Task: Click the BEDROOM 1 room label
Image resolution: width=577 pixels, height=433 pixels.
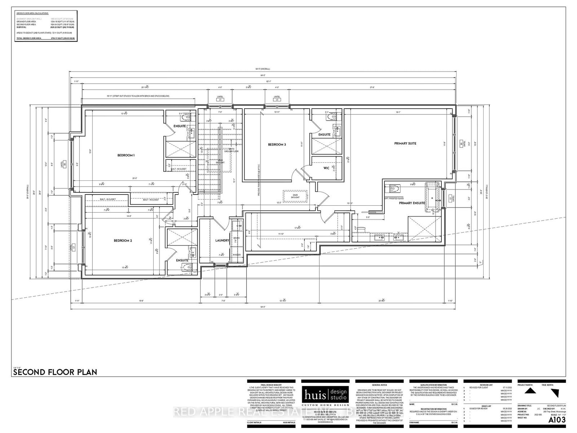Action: pos(126,156)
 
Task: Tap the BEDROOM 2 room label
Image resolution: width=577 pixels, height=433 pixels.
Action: pos(123,241)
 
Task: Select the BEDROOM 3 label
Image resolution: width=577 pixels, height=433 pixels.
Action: pos(277,145)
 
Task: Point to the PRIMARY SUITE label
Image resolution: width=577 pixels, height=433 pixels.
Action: pos(405,144)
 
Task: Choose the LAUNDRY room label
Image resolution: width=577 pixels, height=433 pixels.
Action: pos(222,240)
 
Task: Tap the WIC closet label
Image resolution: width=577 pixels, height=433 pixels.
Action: pos(326,168)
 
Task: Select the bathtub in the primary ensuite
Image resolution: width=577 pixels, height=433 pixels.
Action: pos(432,197)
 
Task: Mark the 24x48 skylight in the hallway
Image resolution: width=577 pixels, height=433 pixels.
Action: pos(295,197)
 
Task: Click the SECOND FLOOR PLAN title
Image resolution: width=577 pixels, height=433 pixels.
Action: pos(55,372)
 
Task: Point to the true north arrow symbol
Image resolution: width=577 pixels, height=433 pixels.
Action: pos(556,393)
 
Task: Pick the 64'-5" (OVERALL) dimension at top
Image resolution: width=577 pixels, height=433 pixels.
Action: pos(263,69)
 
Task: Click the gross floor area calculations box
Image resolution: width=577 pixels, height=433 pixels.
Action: pos(47,26)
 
